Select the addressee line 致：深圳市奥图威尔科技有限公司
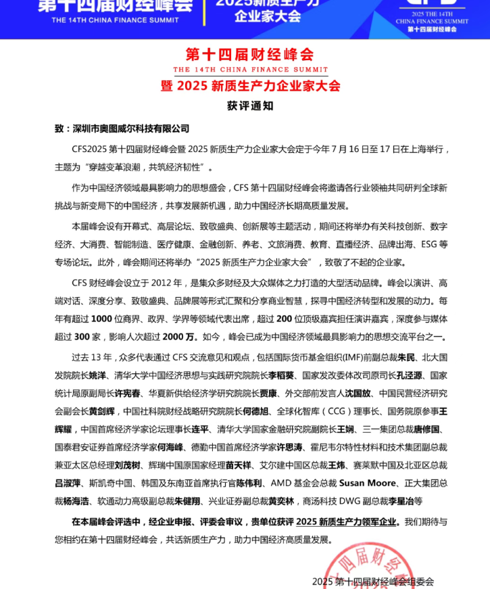(x=122, y=128)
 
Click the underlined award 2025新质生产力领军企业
(x=347, y=522)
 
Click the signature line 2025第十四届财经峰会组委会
(x=373, y=582)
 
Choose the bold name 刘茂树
(x=127, y=465)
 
